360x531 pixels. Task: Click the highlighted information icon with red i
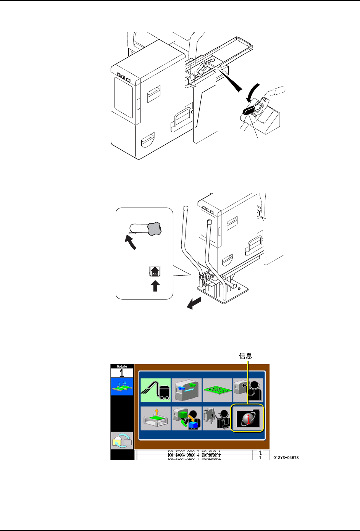(x=248, y=418)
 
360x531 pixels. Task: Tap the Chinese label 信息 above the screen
(x=245, y=356)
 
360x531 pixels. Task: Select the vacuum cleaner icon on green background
(x=155, y=390)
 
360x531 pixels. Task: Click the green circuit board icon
(x=217, y=390)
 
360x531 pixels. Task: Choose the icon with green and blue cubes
(x=187, y=418)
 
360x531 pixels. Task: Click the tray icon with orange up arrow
(x=155, y=418)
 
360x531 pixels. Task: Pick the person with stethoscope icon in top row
(x=248, y=390)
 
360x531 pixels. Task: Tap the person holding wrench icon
(x=217, y=418)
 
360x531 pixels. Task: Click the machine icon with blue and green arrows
(x=187, y=390)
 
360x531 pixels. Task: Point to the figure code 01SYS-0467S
(x=286, y=457)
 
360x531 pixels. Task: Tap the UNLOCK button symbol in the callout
(x=155, y=271)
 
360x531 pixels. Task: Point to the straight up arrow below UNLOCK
(x=155, y=286)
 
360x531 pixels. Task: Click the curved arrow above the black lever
(x=253, y=92)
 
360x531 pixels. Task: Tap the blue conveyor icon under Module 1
(x=122, y=386)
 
